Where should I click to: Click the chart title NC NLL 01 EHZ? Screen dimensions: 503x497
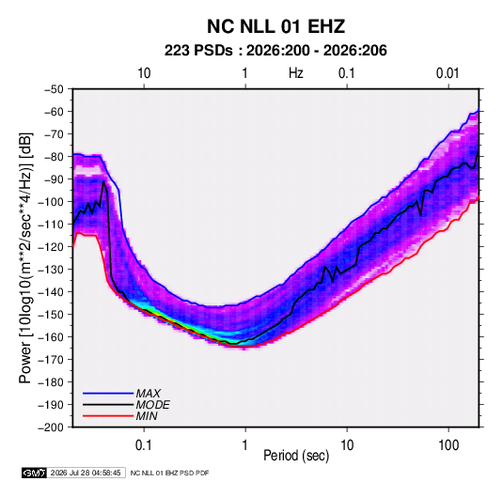click(x=275, y=26)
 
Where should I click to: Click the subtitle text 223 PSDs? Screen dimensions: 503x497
click(x=198, y=51)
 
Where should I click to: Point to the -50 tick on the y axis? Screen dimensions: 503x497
click(x=54, y=89)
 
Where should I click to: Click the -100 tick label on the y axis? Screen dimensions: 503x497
click(x=52, y=202)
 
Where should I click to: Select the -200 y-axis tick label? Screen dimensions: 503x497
click(x=52, y=427)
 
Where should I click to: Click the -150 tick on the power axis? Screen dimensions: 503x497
click(x=52, y=314)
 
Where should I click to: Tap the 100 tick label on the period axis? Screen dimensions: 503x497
click(x=448, y=445)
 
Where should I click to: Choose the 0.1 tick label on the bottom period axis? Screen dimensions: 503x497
click(x=144, y=445)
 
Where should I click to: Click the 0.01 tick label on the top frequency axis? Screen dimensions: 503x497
click(x=448, y=73)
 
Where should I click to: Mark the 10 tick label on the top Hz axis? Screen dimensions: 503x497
click(x=144, y=73)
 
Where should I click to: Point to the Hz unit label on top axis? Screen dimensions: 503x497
click(x=296, y=73)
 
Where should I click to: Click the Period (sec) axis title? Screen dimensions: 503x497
click(x=296, y=456)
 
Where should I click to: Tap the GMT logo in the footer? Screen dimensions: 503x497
click(x=34, y=473)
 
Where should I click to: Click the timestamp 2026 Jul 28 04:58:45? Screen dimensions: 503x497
click(x=86, y=473)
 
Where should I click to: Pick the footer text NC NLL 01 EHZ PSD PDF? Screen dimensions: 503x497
click(x=169, y=473)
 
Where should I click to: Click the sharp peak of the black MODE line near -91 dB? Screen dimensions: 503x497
click(x=103, y=182)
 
